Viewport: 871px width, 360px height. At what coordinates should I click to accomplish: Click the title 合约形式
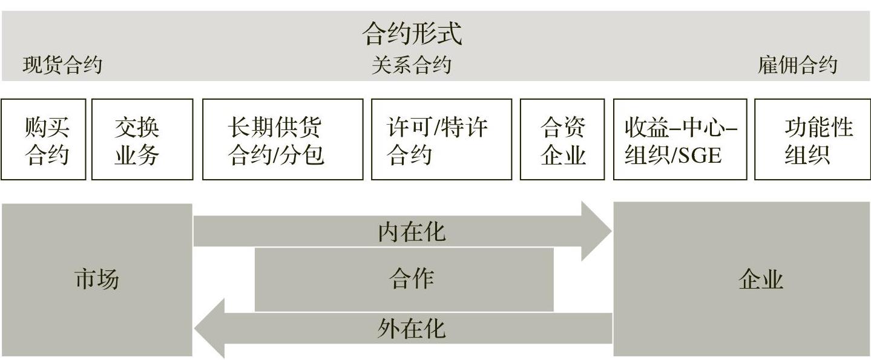[412, 34]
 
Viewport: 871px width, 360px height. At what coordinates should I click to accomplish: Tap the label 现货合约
[62, 65]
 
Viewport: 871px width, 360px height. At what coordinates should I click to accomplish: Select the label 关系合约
[412, 65]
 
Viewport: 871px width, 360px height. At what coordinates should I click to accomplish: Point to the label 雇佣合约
[797, 65]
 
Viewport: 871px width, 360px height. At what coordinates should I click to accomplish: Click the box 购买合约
[44, 140]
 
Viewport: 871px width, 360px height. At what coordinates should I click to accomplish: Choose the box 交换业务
[142, 140]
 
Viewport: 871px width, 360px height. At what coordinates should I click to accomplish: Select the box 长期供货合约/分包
[283, 140]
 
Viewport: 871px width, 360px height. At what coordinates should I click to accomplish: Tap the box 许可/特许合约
[441, 140]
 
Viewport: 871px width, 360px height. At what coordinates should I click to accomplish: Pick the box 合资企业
[562, 140]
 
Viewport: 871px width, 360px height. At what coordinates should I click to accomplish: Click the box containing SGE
[680, 140]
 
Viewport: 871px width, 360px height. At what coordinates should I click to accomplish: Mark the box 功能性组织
[812, 140]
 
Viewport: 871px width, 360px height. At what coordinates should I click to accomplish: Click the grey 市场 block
[97, 280]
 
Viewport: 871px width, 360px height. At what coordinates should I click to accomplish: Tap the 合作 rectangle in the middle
[404, 280]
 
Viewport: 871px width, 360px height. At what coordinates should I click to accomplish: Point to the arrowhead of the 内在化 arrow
[596, 231]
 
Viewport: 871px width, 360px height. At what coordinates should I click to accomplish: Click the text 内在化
[412, 232]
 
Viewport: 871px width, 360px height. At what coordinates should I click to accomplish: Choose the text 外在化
[412, 329]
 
